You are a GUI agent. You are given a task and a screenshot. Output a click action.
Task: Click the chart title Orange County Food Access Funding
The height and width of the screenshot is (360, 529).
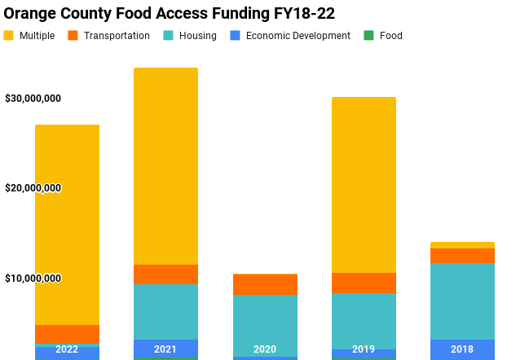point(169,13)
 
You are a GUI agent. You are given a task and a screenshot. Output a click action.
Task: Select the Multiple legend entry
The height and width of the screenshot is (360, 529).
point(31,36)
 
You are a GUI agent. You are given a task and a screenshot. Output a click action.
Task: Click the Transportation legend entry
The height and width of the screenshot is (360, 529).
point(109,36)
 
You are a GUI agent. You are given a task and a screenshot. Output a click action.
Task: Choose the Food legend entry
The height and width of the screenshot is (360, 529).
point(384,36)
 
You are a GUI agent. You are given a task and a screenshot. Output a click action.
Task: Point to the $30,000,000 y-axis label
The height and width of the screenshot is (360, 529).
point(33,99)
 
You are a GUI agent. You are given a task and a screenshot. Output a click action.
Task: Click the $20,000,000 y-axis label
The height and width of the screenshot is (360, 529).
point(33,188)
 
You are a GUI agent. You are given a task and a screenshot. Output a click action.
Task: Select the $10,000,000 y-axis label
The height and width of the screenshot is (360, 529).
point(33,279)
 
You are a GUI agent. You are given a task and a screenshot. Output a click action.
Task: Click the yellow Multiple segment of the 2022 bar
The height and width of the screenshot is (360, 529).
point(67,224)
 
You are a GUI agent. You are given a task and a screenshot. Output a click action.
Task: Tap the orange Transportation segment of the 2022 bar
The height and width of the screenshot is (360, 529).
point(67,334)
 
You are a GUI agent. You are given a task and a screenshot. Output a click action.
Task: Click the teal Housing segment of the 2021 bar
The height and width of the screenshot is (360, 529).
point(165,312)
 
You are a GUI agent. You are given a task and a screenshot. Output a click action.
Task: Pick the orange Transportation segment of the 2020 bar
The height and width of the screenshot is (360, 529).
point(265,284)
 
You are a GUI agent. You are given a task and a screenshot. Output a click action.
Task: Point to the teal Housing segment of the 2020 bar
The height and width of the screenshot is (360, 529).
point(265,322)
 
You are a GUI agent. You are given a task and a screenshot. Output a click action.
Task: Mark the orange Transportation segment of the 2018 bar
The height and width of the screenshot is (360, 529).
point(462,256)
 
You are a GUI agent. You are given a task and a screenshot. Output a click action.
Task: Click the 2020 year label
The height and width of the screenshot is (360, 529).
point(265,349)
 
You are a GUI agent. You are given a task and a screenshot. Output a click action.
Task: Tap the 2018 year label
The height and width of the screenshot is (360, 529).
point(462,349)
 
